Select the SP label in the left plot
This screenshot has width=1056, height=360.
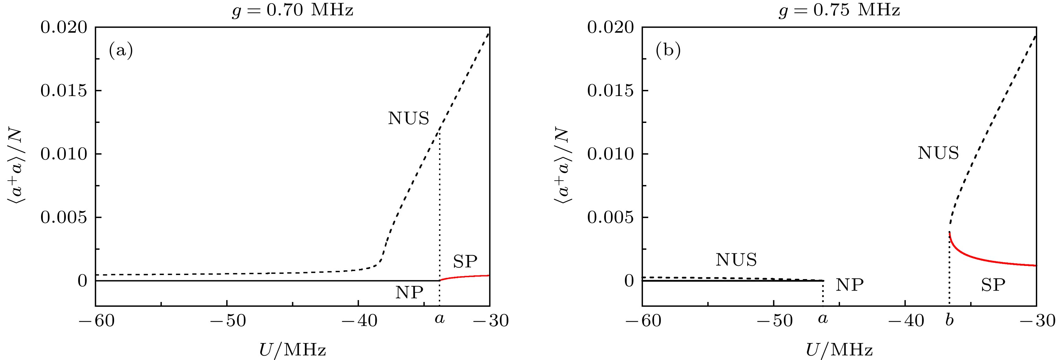click(465, 261)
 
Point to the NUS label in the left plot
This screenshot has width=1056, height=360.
click(408, 119)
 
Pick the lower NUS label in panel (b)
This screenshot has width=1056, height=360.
click(736, 260)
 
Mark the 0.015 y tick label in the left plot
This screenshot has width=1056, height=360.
click(64, 91)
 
